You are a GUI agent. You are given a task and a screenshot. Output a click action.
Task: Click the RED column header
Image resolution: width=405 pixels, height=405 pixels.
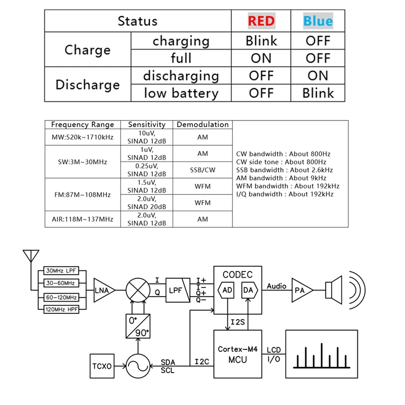[x=261, y=21]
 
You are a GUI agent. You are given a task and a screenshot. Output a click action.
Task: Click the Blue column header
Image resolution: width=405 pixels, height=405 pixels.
[x=318, y=21]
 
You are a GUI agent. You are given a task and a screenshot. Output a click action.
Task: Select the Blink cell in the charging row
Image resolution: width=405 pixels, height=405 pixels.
[x=261, y=40]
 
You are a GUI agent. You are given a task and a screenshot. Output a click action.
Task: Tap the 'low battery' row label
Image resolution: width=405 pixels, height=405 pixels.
[x=181, y=93]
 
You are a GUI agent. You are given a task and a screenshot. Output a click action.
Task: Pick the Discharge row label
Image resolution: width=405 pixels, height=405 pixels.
[x=88, y=85]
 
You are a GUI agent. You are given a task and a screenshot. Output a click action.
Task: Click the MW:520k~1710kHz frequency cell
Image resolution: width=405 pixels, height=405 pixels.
[x=83, y=138]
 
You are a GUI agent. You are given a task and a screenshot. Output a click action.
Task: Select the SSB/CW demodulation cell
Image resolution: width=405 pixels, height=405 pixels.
[x=202, y=170]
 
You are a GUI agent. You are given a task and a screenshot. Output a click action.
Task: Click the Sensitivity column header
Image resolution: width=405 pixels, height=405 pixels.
[x=147, y=125]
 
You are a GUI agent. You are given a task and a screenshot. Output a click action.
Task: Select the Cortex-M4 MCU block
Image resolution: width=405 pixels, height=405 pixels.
[x=238, y=354]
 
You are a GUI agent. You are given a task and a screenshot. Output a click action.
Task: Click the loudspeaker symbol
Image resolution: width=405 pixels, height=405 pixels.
[x=337, y=291]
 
